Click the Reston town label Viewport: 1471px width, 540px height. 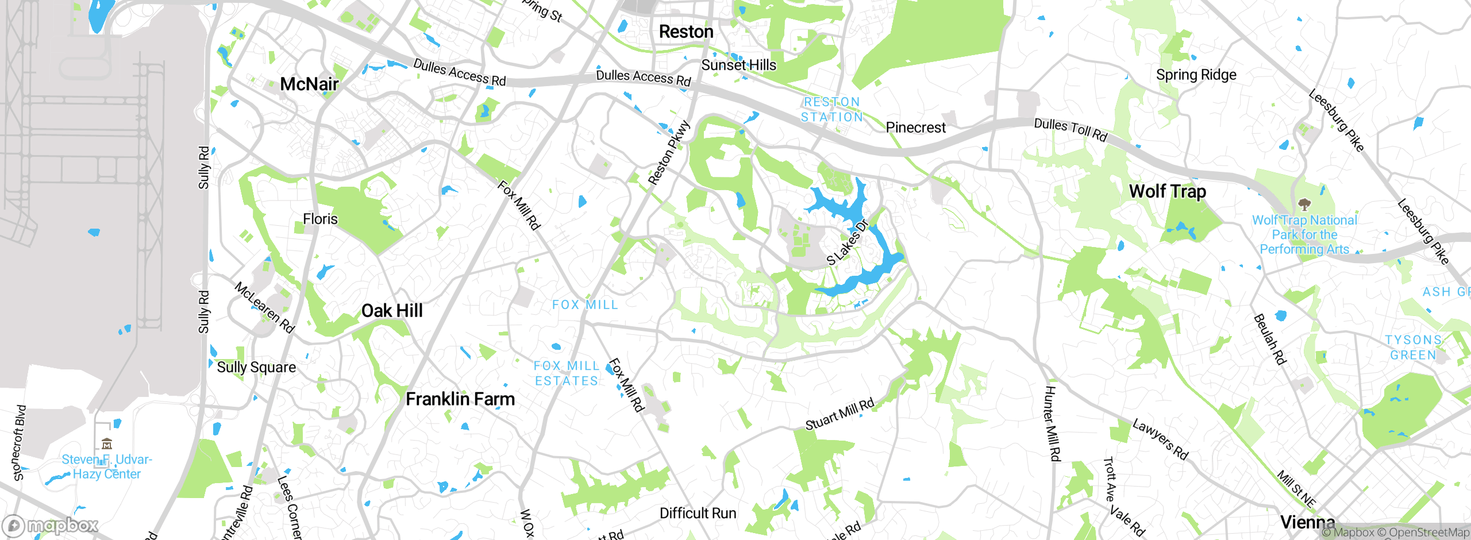(686, 32)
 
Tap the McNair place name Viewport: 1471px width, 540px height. (309, 84)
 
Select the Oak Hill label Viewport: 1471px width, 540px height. (392, 311)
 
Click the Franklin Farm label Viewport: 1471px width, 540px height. (460, 399)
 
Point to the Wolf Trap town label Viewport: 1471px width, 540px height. (1167, 191)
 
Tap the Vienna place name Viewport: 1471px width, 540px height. (1307, 522)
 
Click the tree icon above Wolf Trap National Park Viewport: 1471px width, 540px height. (1304, 205)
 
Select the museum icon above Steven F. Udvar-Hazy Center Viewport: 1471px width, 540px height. (107, 443)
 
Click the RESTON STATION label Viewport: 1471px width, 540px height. (831, 109)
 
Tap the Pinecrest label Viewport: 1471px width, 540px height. (915, 128)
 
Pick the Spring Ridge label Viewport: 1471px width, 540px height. (1196, 75)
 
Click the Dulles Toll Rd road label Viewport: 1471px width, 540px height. (1070, 130)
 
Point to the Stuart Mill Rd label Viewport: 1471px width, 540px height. (840, 414)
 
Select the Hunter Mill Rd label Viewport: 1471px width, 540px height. (1052, 423)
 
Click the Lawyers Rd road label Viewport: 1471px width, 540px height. (1160, 439)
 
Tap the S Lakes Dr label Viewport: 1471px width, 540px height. (848, 242)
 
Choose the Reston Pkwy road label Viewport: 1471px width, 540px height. (668, 153)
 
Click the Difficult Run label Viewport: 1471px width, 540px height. (698, 513)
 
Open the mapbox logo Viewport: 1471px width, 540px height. (51, 526)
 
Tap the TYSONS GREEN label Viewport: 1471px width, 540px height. (1413, 348)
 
